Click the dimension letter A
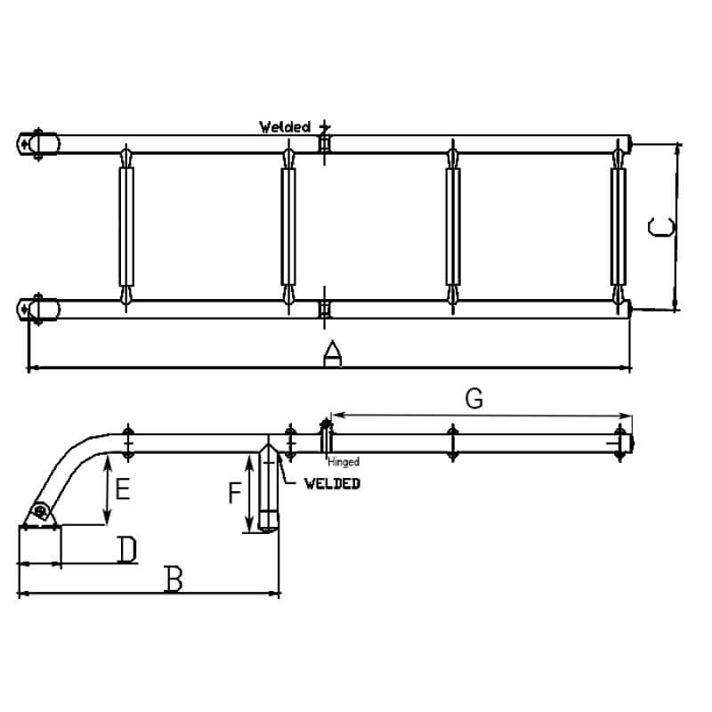pos(331,355)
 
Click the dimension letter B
pos(174,580)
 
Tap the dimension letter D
pos(128,551)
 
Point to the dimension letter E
pos(123,489)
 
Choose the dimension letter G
pos(474,400)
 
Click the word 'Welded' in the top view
pos(285,127)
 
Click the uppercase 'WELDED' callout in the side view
pos(331,483)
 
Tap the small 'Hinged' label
pos(343,461)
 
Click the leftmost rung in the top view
pos(125,226)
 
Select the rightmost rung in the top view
pos(618,226)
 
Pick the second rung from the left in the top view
pos(288,226)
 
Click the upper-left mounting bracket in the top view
pos(39,142)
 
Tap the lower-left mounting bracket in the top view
pos(39,309)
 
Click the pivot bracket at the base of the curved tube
pos(39,514)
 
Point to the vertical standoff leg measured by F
pos(268,489)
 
